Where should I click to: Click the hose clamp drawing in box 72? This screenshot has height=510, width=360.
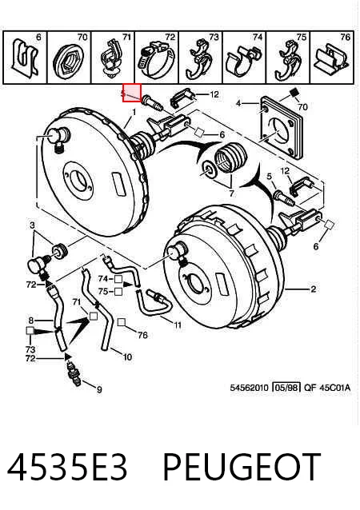click(x=155, y=61)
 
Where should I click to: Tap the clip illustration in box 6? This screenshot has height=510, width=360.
click(x=25, y=58)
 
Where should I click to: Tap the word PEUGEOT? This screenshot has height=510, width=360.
click(x=242, y=467)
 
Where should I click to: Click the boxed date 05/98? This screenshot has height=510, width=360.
click(x=286, y=388)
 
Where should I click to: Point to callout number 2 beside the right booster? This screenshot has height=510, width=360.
click(x=313, y=289)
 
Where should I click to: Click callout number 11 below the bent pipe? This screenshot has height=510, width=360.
click(x=178, y=325)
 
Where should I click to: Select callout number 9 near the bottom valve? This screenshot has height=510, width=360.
click(x=99, y=389)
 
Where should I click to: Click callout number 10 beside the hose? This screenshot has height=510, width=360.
click(x=127, y=357)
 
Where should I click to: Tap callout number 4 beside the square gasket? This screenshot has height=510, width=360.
click(x=238, y=103)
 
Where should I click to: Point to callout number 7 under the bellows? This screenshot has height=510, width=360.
click(x=231, y=193)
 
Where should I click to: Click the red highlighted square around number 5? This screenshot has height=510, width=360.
click(x=132, y=93)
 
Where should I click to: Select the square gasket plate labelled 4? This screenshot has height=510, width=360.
click(x=282, y=127)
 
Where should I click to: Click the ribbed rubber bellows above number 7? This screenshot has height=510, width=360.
click(x=232, y=157)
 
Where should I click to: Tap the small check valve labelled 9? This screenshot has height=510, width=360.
click(x=74, y=373)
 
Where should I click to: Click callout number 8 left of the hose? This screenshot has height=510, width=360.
click(x=31, y=321)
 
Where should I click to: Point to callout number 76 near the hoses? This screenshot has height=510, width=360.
click(x=142, y=335)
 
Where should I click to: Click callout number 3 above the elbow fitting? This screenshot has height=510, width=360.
click(x=32, y=225)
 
